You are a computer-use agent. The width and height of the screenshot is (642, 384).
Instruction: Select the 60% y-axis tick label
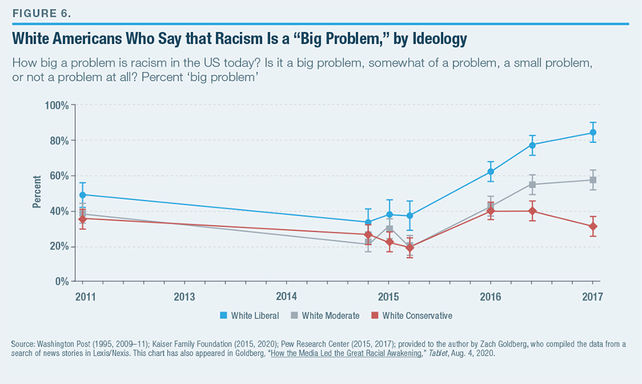pyautogui.click(x=56, y=176)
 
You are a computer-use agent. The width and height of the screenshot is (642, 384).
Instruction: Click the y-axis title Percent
pyautogui.click(x=37, y=191)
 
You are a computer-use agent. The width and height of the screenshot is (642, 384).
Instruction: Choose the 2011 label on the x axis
pyautogui.click(x=82, y=297)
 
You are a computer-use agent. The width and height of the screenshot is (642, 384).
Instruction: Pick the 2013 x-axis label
pyautogui.click(x=184, y=297)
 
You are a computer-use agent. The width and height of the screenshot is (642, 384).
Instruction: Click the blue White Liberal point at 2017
pyautogui.click(x=593, y=132)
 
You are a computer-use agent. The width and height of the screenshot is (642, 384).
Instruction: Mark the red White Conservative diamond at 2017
pyautogui.click(x=593, y=226)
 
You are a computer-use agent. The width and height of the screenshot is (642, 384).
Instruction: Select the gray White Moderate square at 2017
pyautogui.click(x=593, y=180)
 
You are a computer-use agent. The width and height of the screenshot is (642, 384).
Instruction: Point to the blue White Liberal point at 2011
pyautogui.click(x=82, y=195)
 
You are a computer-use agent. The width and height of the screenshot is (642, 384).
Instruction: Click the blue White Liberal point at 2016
pyautogui.click(x=490, y=171)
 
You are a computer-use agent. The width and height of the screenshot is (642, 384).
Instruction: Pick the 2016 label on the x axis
pyautogui.click(x=490, y=297)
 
